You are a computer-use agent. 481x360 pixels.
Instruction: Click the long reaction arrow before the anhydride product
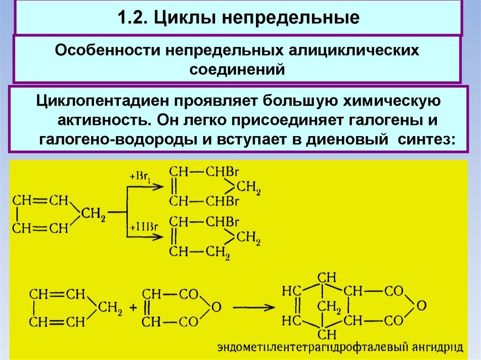point(254,308)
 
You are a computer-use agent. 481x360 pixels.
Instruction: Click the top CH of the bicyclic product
point(323,276)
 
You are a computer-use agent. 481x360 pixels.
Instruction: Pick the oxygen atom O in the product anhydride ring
point(421,306)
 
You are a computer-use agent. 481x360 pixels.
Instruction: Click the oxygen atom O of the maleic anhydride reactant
point(216,307)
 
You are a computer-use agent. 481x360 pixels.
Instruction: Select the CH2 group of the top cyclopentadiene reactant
point(93,214)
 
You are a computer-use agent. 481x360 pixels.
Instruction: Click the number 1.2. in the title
point(132,18)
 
